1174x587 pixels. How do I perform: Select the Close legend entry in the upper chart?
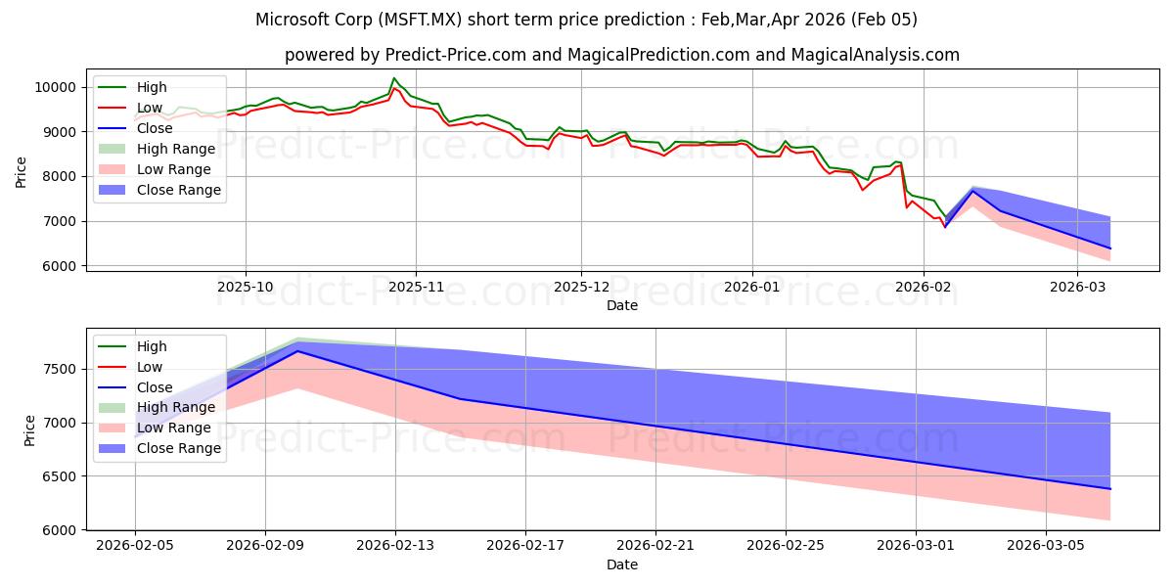click(x=156, y=128)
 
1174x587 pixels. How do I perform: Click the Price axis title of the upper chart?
click(x=22, y=172)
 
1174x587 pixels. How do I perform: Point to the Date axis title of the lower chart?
click(x=622, y=564)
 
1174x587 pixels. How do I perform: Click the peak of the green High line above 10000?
click(x=394, y=78)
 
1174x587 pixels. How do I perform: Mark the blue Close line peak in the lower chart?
click(x=297, y=351)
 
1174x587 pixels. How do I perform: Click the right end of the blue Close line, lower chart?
click(x=1110, y=489)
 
